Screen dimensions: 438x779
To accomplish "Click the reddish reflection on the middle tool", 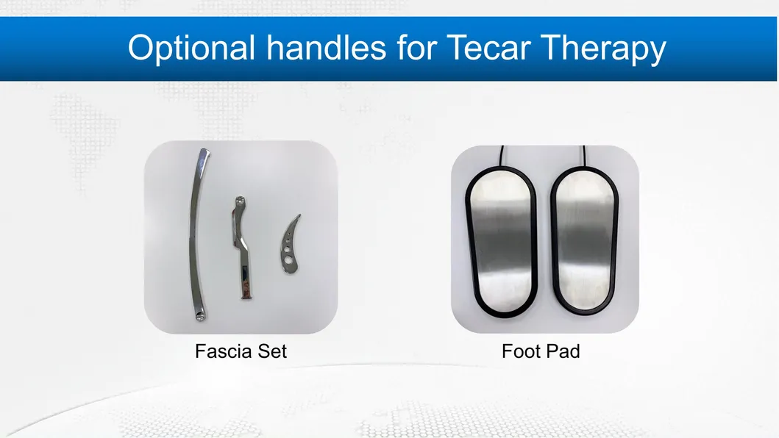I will pos(245,287).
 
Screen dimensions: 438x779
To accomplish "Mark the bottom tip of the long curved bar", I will pos(200,317).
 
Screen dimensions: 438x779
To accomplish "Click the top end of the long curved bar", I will pos(204,154).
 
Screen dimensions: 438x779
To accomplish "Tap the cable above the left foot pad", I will pos(502,156).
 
